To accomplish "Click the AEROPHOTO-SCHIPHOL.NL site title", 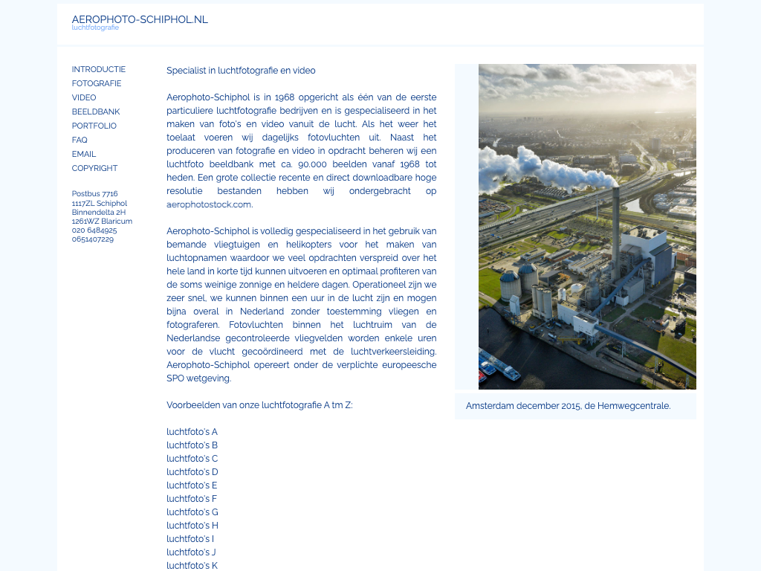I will [x=140, y=19].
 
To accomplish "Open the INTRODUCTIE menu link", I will [x=99, y=69].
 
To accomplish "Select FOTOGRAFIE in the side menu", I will [x=97, y=83].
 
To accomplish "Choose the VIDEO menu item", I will [x=84, y=97].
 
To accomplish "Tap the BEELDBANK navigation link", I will [x=96, y=112].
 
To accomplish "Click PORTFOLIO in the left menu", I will [x=94, y=126].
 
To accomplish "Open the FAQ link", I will [x=80, y=140].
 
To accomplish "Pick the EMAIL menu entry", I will [x=84, y=154].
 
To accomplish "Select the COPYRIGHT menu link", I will [x=95, y=168].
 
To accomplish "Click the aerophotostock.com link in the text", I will [x=209, y=204].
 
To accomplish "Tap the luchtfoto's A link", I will [x=192, y=432].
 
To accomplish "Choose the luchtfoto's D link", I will [x=192, y=472].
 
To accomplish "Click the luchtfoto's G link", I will [x=192, y=512].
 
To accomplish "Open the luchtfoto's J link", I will [x=191, y=552].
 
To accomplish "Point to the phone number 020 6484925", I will [x=94, y=230].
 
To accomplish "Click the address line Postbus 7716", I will [x=95, y=194].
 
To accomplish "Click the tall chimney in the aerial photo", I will [x=615, y=230].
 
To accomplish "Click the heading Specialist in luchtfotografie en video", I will [x=241, y=71].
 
